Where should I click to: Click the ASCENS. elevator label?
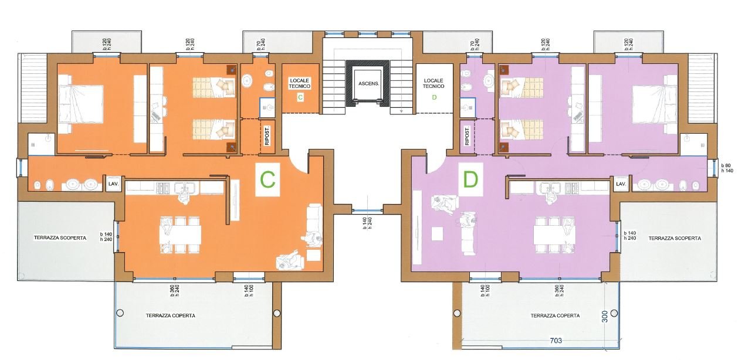point(368,83)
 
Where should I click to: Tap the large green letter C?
point(267,180)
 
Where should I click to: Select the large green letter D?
point(470,179)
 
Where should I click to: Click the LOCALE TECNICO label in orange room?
point(300,83)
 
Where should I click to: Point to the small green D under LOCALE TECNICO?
point(434,97)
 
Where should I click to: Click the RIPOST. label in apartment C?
point(267,136)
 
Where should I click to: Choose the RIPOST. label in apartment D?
point(466,136)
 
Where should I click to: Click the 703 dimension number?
point(556,341)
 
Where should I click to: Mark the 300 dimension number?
point(605,316)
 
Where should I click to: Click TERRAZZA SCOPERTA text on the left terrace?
point(60,237)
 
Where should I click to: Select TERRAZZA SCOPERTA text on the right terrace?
point(675,238)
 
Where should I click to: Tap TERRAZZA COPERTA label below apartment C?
point(171,315)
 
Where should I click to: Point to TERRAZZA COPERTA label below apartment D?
point(555,315)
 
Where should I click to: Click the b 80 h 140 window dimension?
point(727,168)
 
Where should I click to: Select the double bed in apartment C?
point(81,104)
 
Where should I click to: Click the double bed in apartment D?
point(655,104)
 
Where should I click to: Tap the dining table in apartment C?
point(180,235)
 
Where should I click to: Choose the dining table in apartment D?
point(554,235)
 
